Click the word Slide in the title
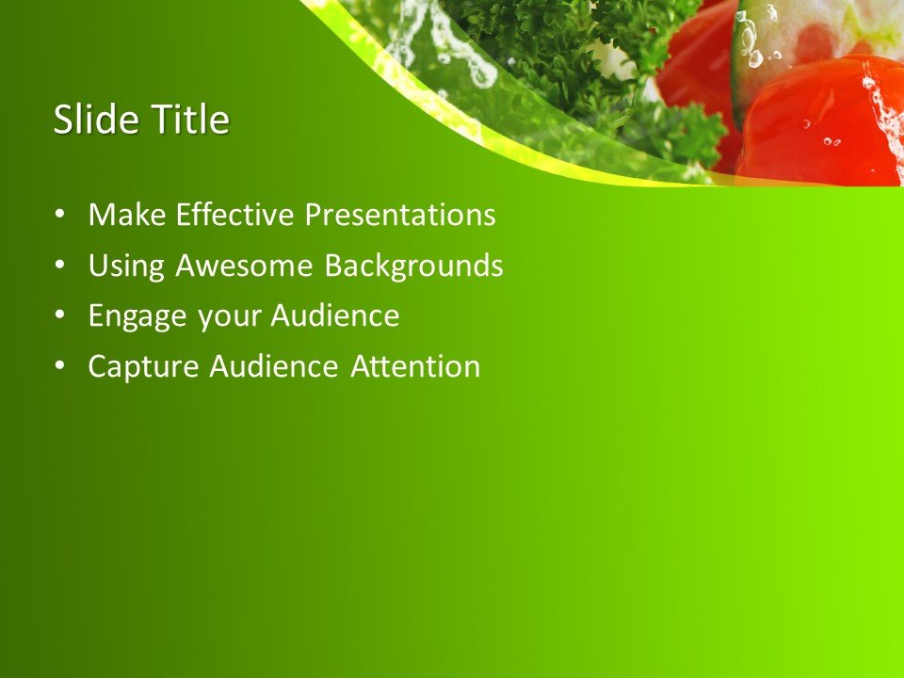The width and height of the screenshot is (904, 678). coord(92,120)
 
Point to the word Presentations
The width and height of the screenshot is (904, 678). coord(399,216)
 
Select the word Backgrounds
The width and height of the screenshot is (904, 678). coord(413,266)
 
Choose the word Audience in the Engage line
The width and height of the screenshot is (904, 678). coord(335,316)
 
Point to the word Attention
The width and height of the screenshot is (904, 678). coord(415,366)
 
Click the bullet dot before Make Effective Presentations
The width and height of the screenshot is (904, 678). coord(60,216)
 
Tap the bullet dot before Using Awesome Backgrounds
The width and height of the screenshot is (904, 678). coord(60,266)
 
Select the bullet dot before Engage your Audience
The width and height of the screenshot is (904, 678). coord(60,316)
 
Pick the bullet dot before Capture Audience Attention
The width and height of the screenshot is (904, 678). coord(60,366)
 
